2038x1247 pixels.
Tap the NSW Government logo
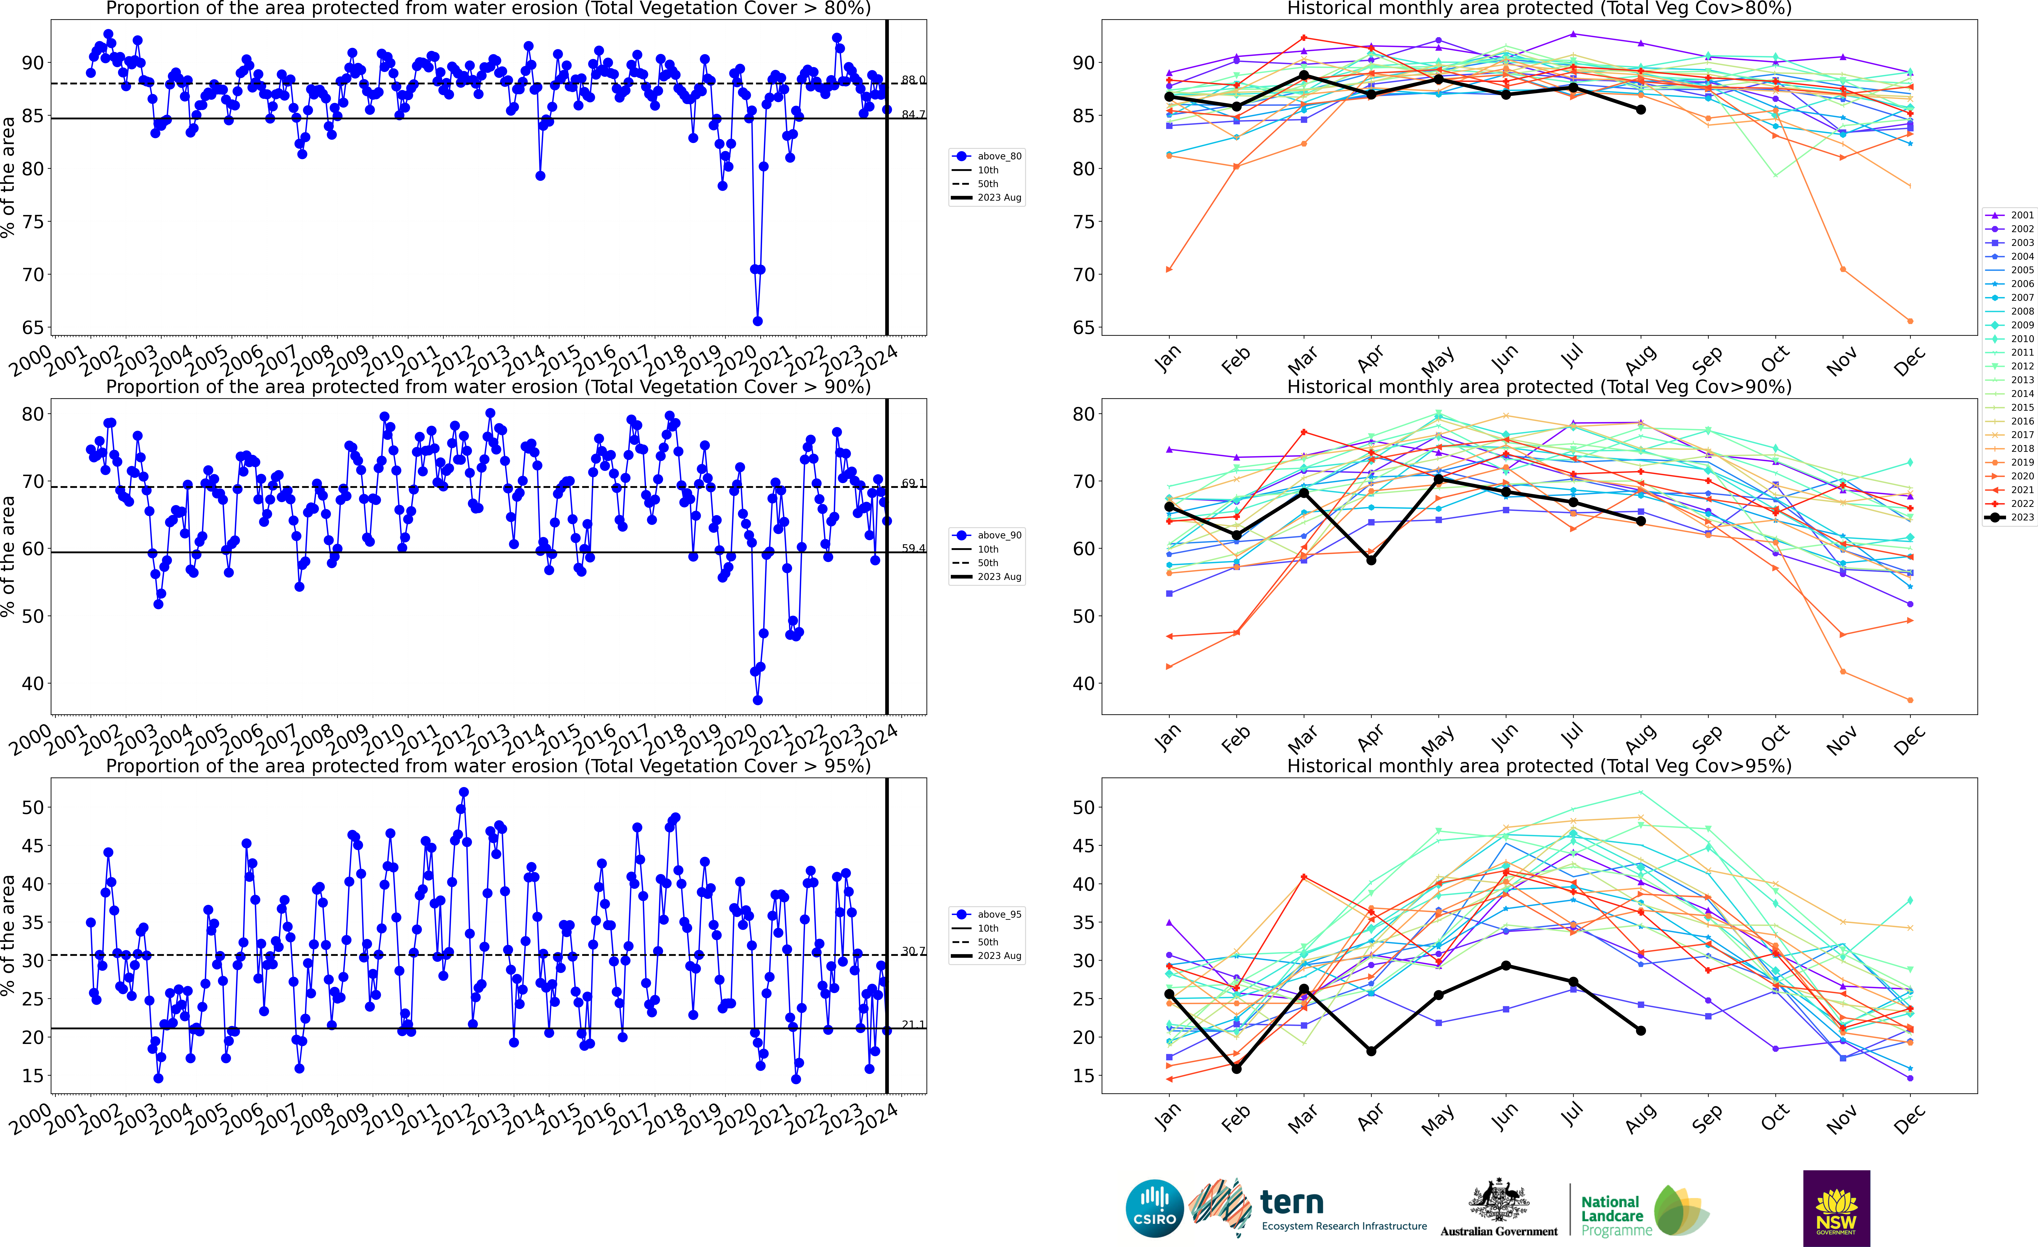(1836, 1207)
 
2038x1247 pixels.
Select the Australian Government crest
(1499, 1202)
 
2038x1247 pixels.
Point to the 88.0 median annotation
(913, 80)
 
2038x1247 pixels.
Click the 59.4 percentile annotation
(913, 548)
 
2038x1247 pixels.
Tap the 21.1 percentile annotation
(913, 1024)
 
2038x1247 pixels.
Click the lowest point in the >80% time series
(758, 321)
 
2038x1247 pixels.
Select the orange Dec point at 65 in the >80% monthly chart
(1910, 321)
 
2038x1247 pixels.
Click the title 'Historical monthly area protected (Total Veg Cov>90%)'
(1539, 387)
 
